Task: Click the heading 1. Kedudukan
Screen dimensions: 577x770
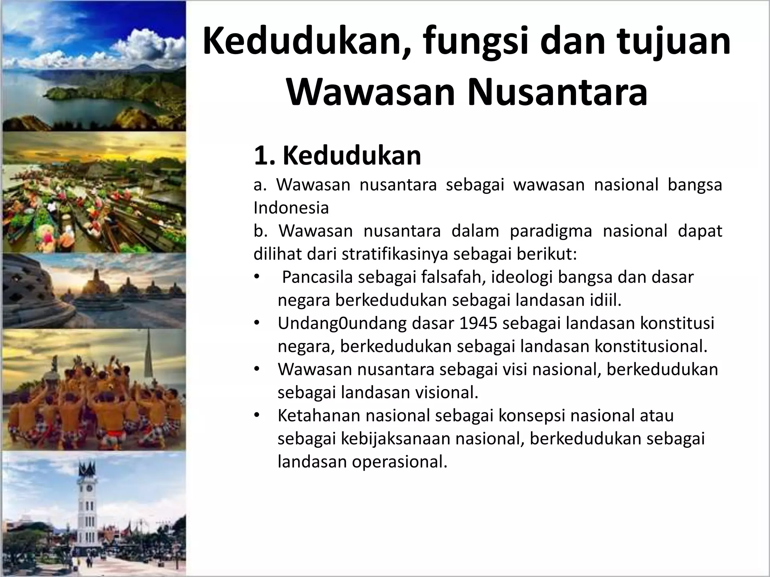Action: point(337,156)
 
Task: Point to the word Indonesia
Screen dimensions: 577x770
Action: point(291,208)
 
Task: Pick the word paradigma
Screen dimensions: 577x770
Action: point(551,231)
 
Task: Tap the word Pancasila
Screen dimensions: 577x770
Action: point(317,277)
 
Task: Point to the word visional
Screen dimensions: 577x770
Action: point(447,393)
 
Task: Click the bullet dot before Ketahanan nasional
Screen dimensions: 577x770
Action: point(257,415)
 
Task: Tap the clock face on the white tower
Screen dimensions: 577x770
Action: point(89,488)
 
